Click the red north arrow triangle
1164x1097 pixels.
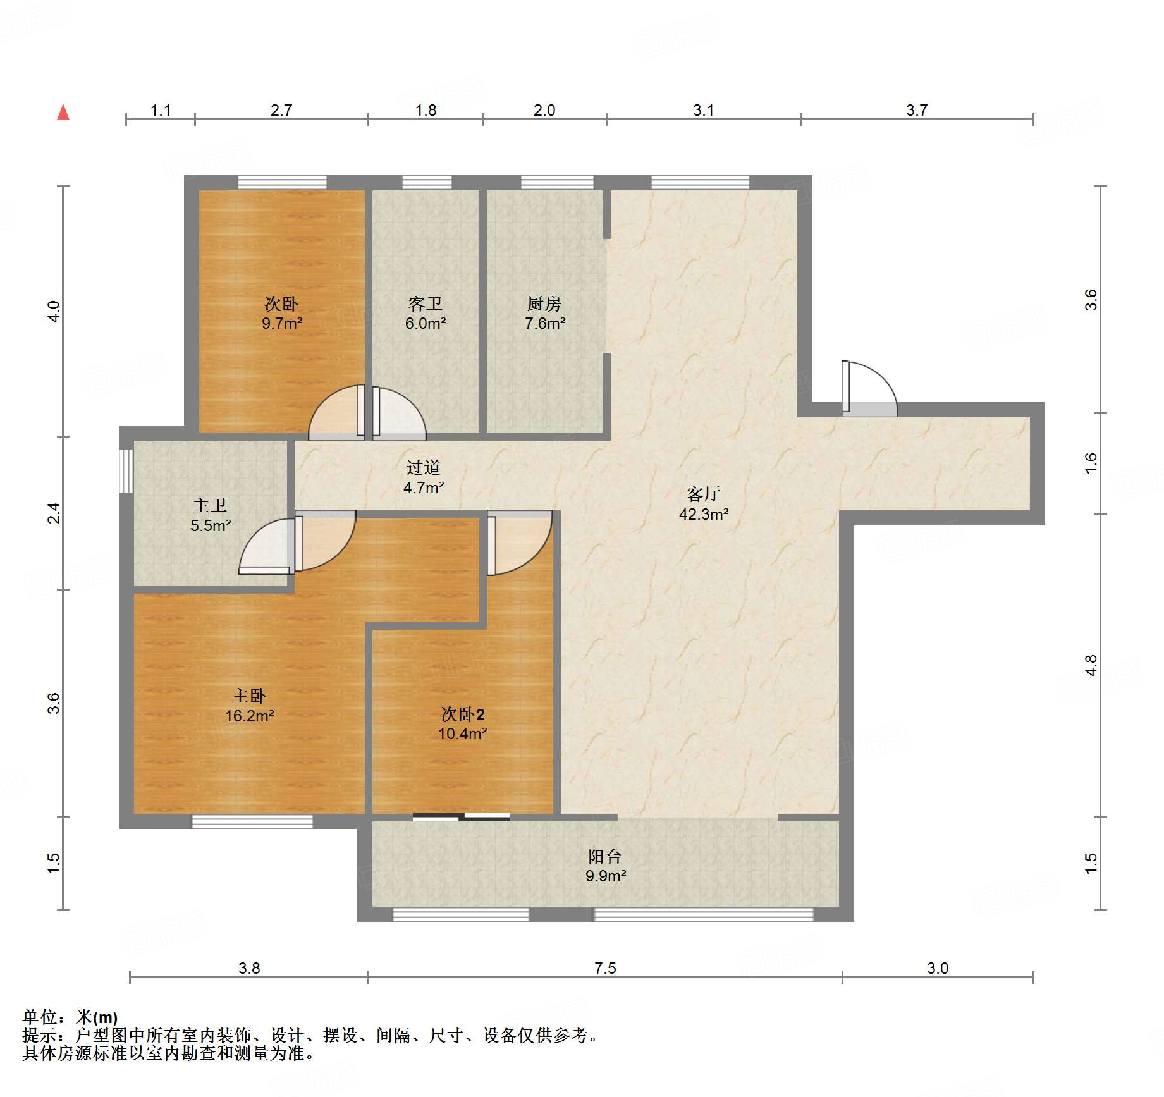[x=63, y=112]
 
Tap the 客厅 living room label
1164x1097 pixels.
[x=703, y=494]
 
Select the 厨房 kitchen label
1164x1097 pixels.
[x=544, y=303]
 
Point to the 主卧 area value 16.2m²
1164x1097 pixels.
[x=249, y=716]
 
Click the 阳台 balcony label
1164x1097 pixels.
[x=605, y=856]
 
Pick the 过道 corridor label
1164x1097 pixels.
[x=423, y=467]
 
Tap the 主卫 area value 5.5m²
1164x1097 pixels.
[x=211, y=525]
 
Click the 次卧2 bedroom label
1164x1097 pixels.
[x=463, y=714]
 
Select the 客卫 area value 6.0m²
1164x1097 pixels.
[x=426, y=323]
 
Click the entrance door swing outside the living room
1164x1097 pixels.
[x=869, y=389]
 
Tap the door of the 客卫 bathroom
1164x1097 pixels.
[x=399, y=413]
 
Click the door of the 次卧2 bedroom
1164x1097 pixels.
[x=520, y=542]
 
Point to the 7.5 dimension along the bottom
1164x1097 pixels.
[x=605, y=968]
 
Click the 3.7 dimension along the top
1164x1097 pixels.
[x=917, y=110]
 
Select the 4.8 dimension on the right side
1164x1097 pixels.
[x=1091, y=665]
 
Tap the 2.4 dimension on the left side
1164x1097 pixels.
[x=54, y=513]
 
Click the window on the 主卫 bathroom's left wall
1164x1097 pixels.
[x=126, y=470]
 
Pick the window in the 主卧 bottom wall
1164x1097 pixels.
[x=252, y=821]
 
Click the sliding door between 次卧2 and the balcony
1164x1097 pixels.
[x=461, y=817]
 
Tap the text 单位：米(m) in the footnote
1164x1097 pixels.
[x=70, y=1017]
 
